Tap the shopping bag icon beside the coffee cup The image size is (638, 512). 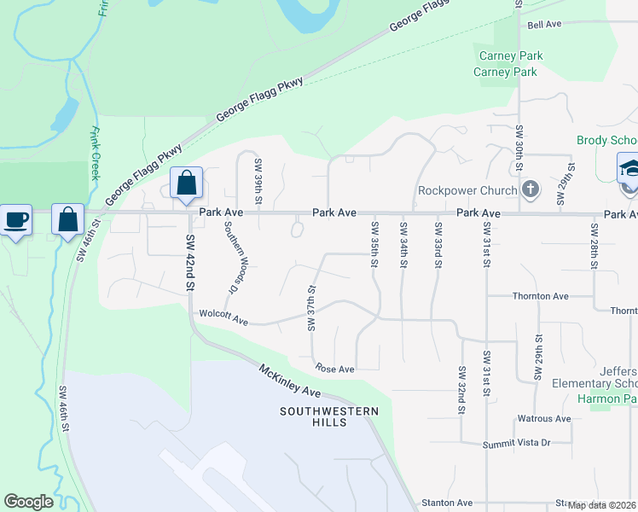[67, 220]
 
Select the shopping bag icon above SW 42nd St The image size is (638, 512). [186, 183]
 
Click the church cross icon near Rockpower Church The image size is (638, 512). [531, 189]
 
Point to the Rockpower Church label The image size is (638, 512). [467, 190]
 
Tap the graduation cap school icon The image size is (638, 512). [629, 168]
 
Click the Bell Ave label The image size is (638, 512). [544, 25]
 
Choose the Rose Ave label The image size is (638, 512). [334, 369]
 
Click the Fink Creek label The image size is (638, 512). [95, 154]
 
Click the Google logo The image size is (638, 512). [28, 502]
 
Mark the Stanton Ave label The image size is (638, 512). [449, 503]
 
